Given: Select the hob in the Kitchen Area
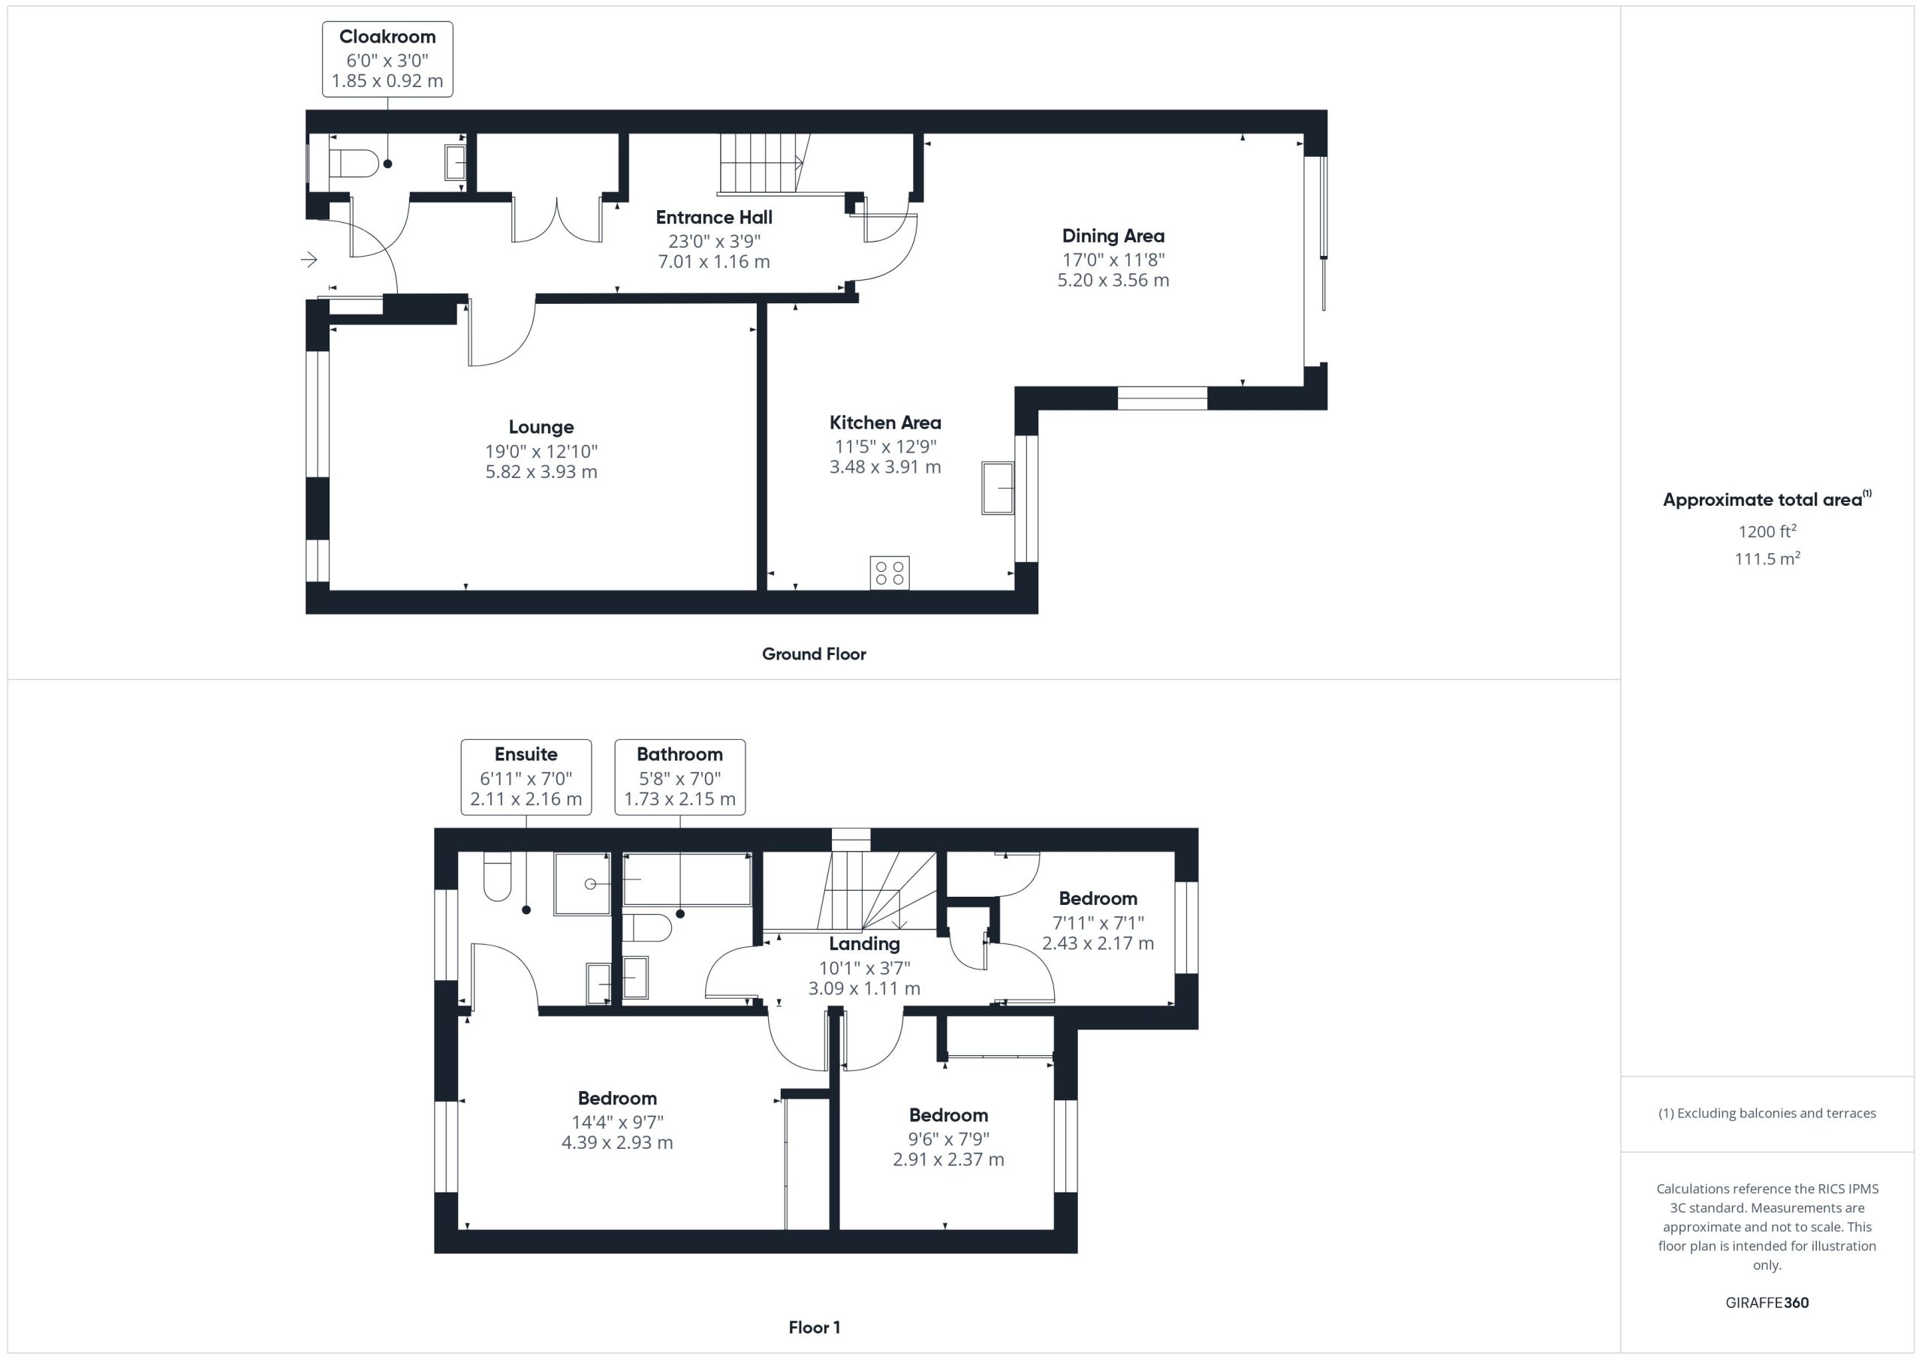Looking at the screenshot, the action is [x=889, y=573].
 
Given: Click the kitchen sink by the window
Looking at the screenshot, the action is [x=998, y=487].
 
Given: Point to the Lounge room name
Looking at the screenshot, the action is [x=541, y=427].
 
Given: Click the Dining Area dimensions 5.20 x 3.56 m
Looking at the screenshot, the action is [x=1113, y=281].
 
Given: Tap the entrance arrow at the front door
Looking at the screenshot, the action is [x=309, y=260].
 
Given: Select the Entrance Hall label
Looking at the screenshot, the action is [x=714, y=218].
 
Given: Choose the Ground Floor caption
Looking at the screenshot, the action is [x=814, y=654].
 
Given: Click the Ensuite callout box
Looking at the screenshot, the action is [x=526, y=777].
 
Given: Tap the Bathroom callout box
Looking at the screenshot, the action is [x=679, y=777].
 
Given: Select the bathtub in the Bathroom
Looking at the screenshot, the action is [x=686, y=879].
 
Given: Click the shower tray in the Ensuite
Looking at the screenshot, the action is [x=583, y=884].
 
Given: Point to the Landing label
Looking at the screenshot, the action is [x=864, y=944].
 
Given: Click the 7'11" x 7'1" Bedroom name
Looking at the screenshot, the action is [x=1098, y=899].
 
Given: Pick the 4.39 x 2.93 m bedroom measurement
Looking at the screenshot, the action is [x=617, y=1143].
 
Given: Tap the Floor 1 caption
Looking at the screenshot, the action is [x=814, y=1327].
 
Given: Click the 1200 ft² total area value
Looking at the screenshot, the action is [x=1767, y=531].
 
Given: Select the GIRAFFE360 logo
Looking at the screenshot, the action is [x=1767, y=1302].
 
